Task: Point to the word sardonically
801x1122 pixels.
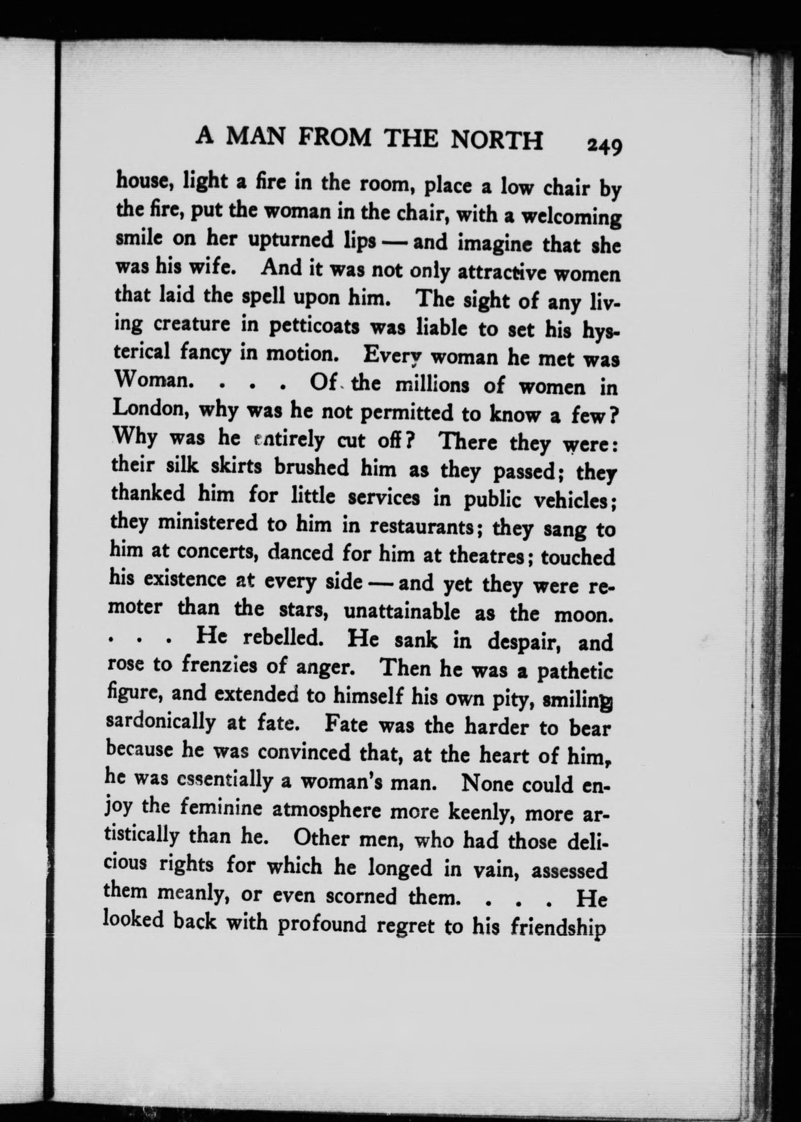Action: click(x=161, y=722)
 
